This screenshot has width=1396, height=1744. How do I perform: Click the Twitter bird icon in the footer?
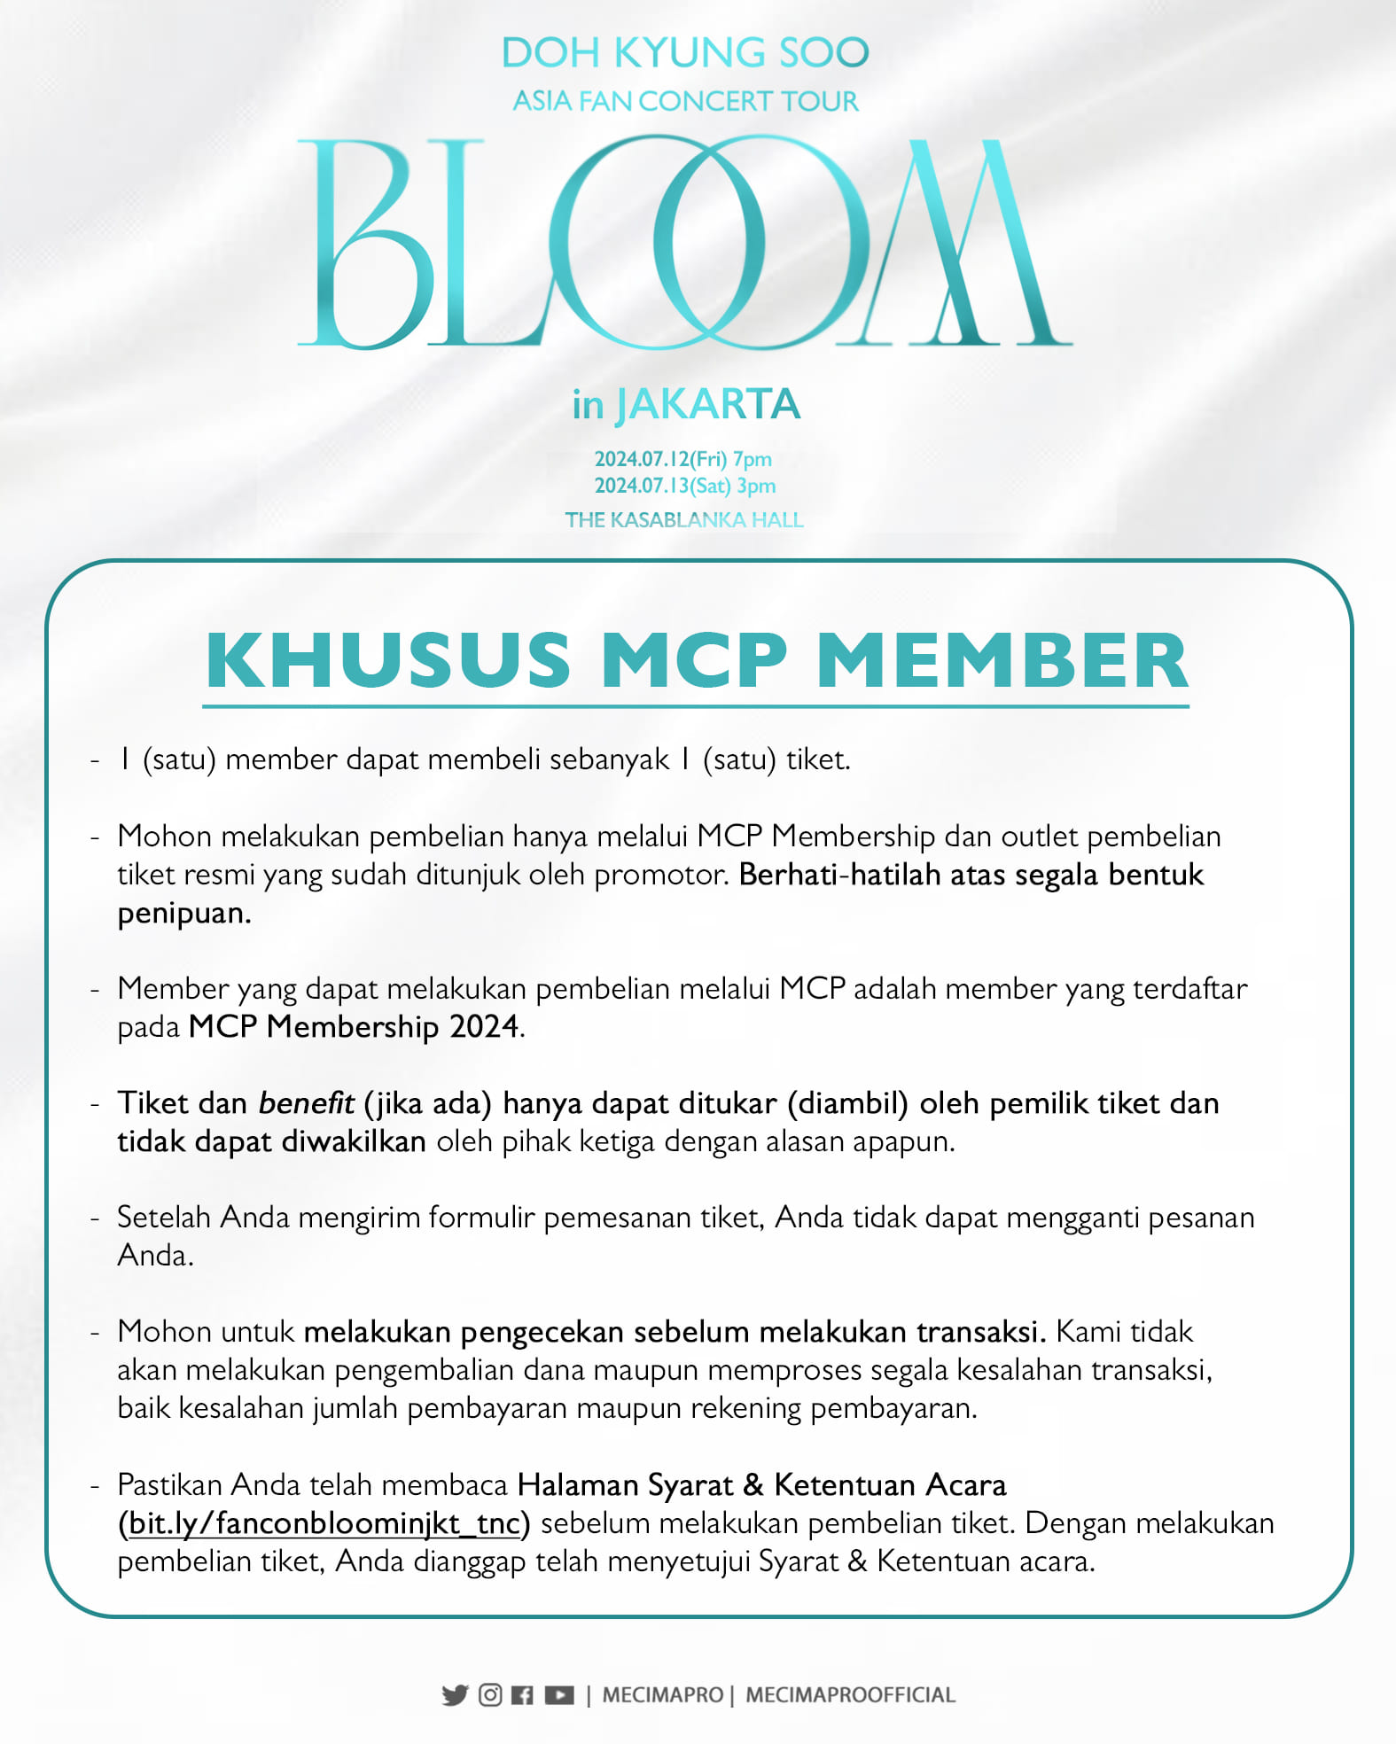point(455,1695)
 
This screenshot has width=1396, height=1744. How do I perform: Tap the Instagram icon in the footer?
point(490,1694)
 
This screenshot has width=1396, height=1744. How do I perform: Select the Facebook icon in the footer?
point(523,1695)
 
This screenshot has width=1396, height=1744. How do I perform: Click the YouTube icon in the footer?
point(559,1695)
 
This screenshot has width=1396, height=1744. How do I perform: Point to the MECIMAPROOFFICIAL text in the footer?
point(850,1695)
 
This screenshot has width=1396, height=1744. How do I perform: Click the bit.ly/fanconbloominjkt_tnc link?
point(324,1523)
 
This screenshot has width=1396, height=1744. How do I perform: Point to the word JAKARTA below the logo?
point(708,405)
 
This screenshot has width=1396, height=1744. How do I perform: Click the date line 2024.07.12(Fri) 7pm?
point(683,459)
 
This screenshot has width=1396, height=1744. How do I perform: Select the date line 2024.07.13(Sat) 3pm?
point(685,486)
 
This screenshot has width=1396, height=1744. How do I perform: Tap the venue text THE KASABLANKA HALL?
point(684,520)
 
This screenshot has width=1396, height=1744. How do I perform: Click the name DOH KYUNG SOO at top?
point(684,53)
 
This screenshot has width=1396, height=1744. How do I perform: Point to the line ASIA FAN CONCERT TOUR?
point(685,101)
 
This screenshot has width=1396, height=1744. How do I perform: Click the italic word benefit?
point(306,1103)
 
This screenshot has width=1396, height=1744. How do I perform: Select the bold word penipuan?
point(184,914)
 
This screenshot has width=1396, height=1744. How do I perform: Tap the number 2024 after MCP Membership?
point(484,1026)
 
